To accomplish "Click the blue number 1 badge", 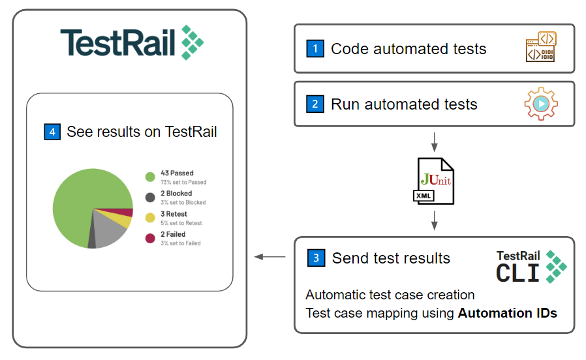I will point(315,48).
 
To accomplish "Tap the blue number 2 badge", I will point(315,104).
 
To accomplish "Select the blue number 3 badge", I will point(316,258).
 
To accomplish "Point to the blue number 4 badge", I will point(52,132).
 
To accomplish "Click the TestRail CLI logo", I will point(531,266).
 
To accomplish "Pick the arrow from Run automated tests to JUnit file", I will point(434,141).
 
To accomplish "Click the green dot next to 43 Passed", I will point(150,177).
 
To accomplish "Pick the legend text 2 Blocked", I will point(176,194).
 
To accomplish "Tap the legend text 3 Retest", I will point(174,214).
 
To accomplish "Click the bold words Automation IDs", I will point(507,313).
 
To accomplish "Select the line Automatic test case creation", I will point(390,295).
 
